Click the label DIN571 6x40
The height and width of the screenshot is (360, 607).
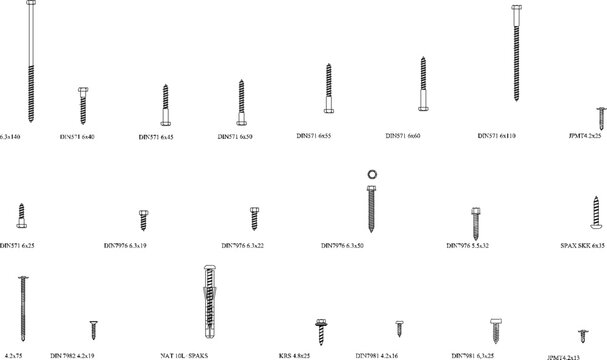click(x=77, y=134)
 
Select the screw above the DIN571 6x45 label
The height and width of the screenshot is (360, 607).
click(x=166, y=103)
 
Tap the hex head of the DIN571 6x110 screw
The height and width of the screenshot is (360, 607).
click(x=516, y=11)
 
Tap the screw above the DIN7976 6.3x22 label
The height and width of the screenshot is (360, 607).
click(x=255, y=218)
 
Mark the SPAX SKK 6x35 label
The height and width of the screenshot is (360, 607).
click(x=583, y=244)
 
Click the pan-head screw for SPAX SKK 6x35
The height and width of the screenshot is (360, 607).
click(x=593, y=212)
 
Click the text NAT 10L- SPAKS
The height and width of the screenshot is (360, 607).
click(x=184, y=354)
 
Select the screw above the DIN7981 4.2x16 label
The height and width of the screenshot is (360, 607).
click(x=399, y=327)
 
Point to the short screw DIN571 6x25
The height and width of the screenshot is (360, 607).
click(x=21, y=215)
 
